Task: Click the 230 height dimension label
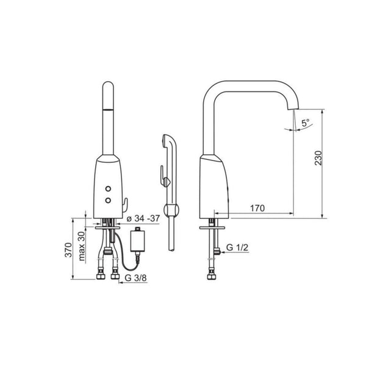click(x=318, y=158)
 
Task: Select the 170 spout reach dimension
click(x=257, y=208)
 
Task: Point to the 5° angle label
click(x=305, y=123)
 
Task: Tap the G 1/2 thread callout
click(x=237, y=248)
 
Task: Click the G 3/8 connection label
click(x=135, y=278)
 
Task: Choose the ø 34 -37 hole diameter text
click(x=143, y=218)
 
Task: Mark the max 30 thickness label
click(x=82, y=246)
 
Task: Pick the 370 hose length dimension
click(x=68, y=250)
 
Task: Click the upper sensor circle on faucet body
click(x=108, y=188)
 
